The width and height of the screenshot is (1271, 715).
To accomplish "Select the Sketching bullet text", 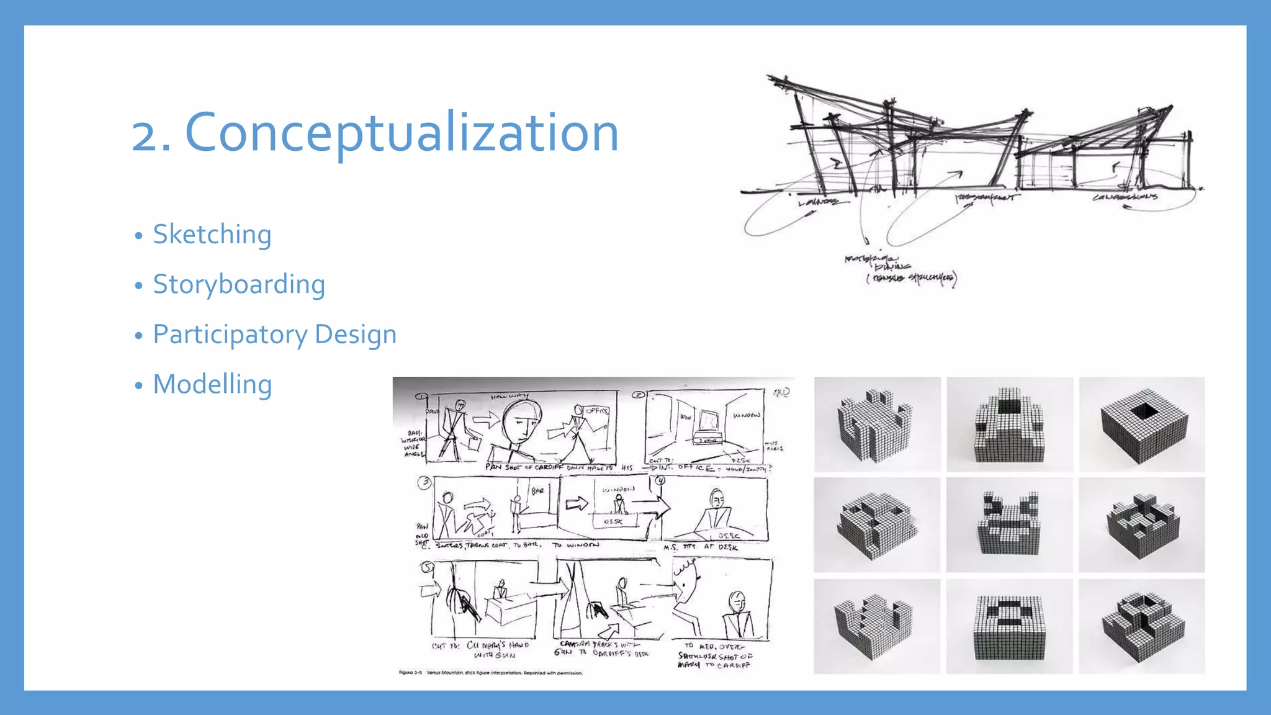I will tap(212, 235).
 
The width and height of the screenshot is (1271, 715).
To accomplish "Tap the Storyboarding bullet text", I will tap(239, 284).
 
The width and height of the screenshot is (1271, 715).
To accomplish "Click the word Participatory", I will tap(230, 335).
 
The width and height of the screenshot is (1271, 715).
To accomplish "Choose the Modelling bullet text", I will tap(212, 384).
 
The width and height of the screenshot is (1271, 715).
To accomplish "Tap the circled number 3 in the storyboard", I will tap(424, 482).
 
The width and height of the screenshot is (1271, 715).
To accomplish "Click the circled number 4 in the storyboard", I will tap(660, 480).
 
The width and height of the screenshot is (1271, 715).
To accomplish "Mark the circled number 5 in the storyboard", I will tap(427, 567).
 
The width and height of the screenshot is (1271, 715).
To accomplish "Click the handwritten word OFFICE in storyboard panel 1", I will tap(598, 411).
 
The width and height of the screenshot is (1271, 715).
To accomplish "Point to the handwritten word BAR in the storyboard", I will tap(537, 491).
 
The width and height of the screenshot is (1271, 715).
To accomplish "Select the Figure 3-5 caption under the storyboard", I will tap(490, 673).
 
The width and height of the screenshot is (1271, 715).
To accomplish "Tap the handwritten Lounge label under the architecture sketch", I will tap(818, 202).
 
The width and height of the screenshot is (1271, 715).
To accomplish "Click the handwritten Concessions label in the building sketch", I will tap(1125, 197).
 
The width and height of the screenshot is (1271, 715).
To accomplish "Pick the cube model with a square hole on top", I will tap(1142, 425).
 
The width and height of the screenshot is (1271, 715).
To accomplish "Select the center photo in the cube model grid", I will tap(1009, 525).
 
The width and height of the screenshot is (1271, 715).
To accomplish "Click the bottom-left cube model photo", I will tap(877, 626).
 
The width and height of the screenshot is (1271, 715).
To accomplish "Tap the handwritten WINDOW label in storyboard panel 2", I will tap(746, 415).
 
